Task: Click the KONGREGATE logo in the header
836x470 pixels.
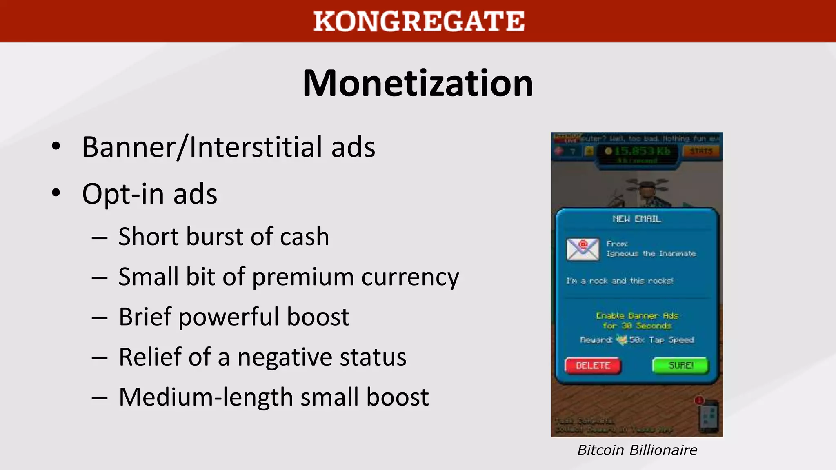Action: (x=418, y=21)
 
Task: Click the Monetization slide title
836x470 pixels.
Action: (x=418, y=83)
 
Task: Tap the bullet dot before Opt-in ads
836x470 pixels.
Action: (x=56, y=193)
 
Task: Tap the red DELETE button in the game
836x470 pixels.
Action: (x=593, y=366)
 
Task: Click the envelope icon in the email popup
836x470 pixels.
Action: (x=583, y=249)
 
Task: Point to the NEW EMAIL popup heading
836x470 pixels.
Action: (x=636, y=219)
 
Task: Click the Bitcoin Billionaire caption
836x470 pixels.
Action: (x=637, y=450)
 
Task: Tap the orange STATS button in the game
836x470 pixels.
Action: (x=701, y=151)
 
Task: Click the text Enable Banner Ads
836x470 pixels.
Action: (x=637, y=316)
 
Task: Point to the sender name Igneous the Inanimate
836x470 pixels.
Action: (x=651, y=254)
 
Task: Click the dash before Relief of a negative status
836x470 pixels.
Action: (x=100, y=358)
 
